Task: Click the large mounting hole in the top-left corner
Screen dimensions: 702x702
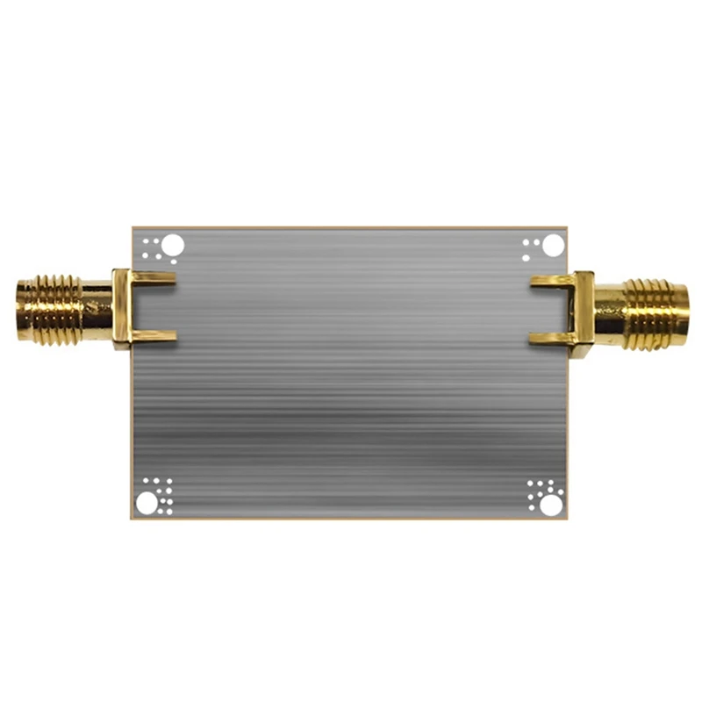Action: coord(173,245)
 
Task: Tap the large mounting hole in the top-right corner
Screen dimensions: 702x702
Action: coord(552,245)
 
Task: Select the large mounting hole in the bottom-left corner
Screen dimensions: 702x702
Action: coord(146,503)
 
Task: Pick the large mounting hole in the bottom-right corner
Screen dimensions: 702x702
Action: coord(550,505)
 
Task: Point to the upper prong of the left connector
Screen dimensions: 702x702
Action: coord(154,279)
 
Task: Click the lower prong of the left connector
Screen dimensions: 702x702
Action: coord(154,336)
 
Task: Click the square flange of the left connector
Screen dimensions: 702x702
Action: coord(122,307)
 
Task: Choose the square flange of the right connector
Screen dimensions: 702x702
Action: coord(583,313)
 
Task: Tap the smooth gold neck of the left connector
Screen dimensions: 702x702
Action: coord(97,307)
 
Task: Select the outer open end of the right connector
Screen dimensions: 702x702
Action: coord(685,313)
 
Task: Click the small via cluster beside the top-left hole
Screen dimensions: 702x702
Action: coord(154,247)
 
